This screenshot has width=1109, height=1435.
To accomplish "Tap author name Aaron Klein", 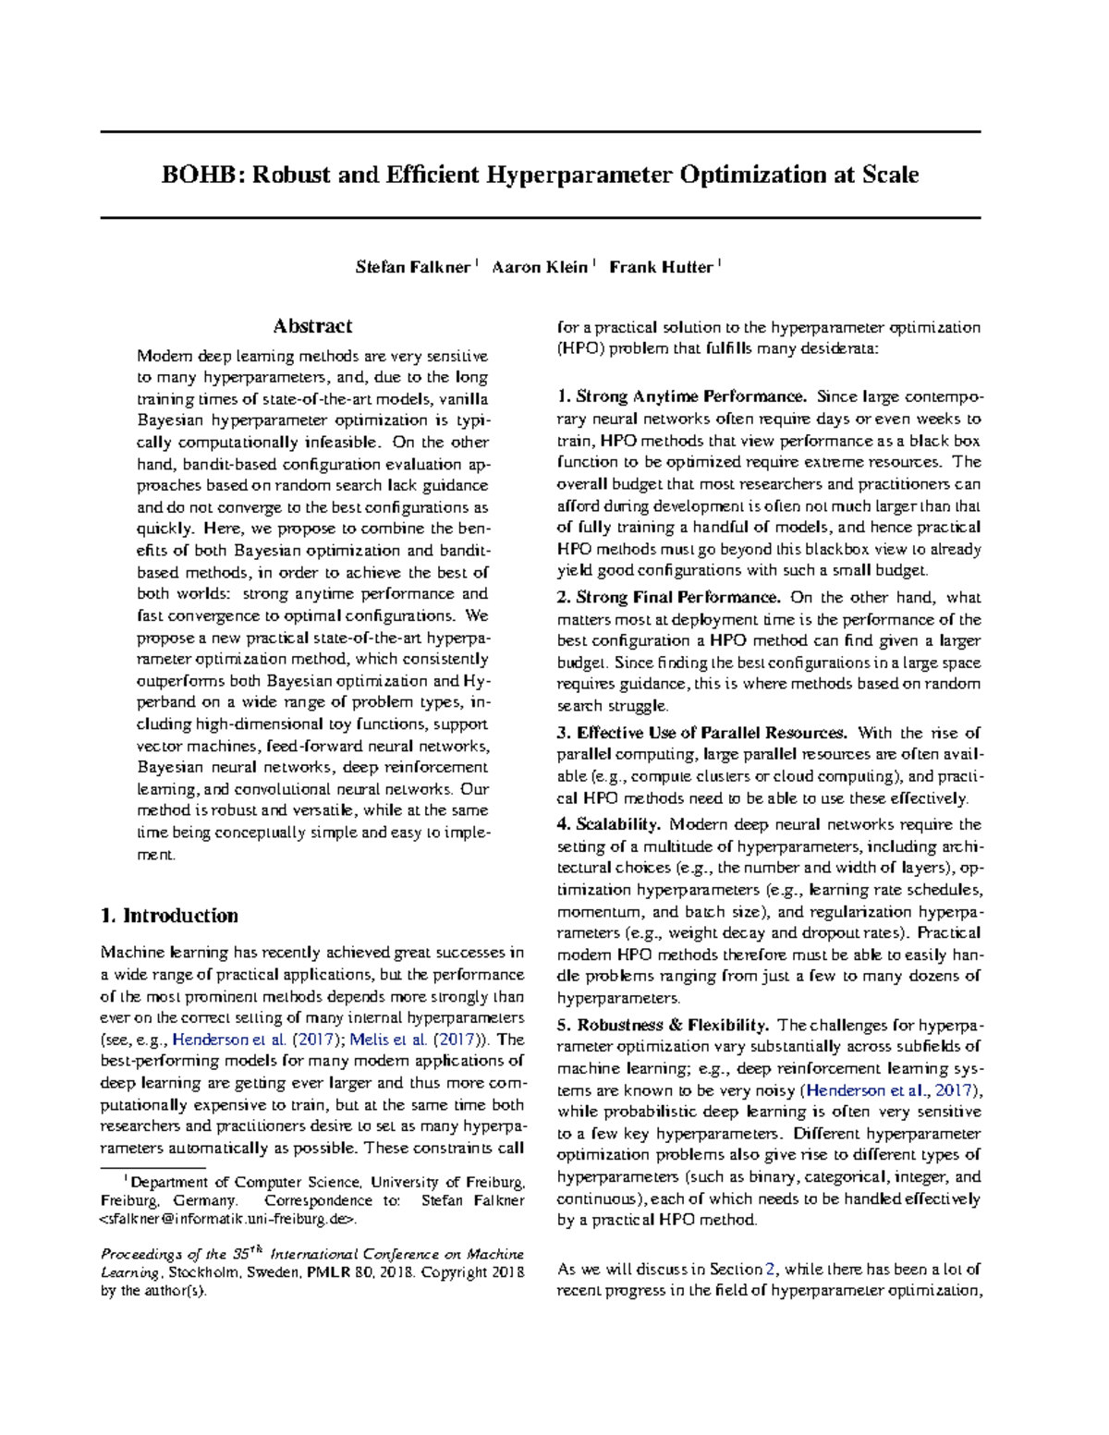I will coord(539,267).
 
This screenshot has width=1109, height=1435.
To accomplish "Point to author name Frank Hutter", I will coord(661,267).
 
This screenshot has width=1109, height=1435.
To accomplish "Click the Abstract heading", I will coord(312,326).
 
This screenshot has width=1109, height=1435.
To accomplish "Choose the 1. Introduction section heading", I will coord(169,916).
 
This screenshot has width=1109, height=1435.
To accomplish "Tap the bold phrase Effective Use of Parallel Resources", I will coord(712,733).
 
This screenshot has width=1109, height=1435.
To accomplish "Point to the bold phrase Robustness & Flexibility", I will coord(673,1025).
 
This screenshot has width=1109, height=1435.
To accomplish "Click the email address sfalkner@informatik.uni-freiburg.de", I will coord(226,1220).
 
